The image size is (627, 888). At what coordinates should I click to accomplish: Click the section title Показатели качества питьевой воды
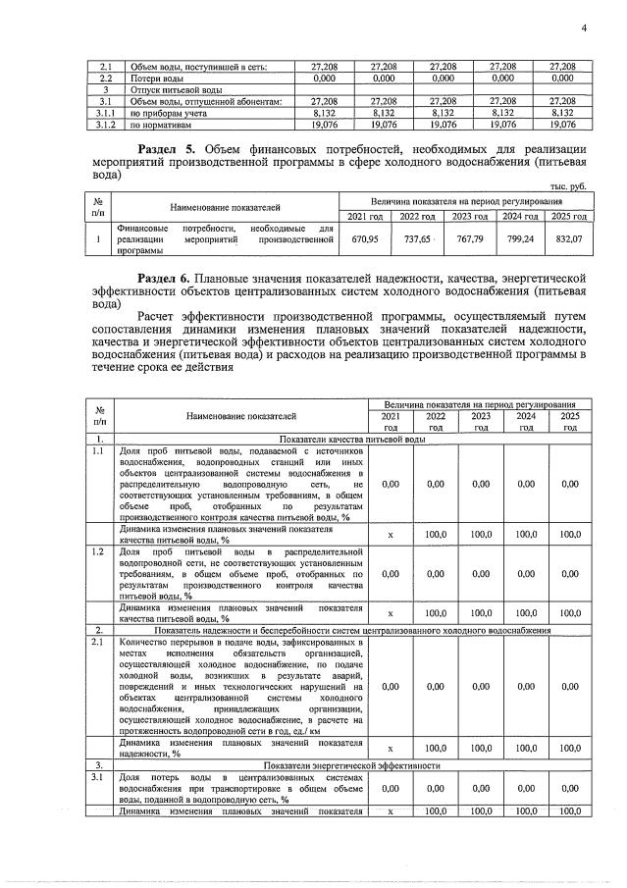pyautogui.click(x=352, y=439)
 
